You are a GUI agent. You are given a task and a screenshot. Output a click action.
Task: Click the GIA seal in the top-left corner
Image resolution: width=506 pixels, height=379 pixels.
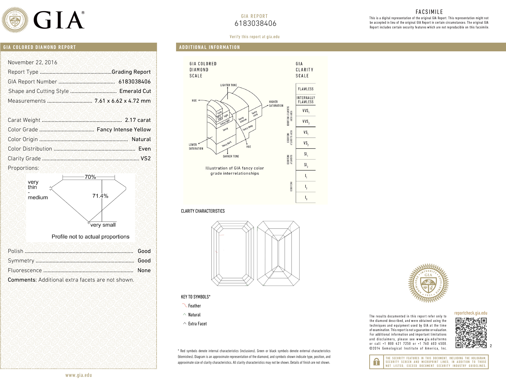15,20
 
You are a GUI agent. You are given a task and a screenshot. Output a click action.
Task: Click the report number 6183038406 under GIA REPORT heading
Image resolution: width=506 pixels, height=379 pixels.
255,23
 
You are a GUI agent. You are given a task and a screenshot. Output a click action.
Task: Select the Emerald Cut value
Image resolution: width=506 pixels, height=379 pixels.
135,91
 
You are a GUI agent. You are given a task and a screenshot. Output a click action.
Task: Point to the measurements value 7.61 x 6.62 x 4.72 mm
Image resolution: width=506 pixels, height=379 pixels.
123,101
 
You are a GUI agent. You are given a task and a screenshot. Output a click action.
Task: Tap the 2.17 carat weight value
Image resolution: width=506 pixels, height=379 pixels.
138,120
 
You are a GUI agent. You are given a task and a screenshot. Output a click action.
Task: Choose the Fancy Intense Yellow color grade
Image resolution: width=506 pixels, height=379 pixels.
124,129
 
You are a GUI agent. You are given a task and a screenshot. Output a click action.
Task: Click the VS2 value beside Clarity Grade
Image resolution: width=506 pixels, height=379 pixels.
145,158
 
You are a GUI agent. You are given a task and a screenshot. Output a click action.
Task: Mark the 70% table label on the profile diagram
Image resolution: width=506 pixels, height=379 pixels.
90,177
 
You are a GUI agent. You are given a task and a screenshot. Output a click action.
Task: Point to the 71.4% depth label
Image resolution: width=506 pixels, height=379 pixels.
100,196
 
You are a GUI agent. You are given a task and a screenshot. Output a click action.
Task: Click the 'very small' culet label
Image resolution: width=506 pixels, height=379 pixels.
103,225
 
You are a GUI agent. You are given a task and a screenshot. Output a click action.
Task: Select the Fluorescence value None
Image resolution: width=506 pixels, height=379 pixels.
144,270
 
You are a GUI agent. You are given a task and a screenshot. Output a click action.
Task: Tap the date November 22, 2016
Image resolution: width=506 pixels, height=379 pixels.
32,62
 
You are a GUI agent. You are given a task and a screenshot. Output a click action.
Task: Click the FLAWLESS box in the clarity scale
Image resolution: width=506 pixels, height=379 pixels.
306,89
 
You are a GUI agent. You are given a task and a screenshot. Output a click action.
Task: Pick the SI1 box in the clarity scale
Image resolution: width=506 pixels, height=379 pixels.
306,154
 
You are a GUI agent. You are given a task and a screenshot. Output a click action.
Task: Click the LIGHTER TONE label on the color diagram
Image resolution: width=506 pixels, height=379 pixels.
228,85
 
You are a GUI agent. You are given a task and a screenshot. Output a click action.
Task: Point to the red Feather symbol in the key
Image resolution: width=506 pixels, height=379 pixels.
184,306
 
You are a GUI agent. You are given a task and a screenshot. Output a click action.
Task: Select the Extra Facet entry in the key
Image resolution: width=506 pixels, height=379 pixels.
197,324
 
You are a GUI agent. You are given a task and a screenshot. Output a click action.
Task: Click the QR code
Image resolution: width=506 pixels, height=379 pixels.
471,333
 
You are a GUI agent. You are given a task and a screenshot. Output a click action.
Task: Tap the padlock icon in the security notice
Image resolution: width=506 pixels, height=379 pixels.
376,362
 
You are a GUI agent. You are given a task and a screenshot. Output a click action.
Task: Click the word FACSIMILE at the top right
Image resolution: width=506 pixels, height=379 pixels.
429,12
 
